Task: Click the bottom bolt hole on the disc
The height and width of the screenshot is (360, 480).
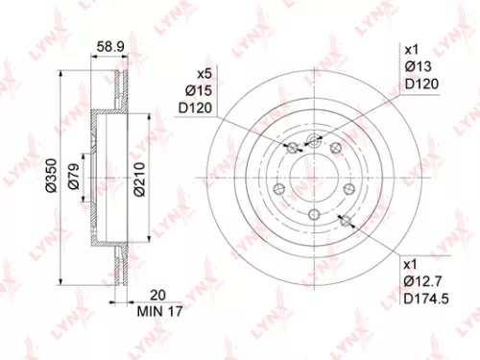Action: point(314,213)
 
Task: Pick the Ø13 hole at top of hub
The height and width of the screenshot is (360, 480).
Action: point(314,140)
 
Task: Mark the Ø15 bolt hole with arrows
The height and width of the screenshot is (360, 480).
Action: point(292,147)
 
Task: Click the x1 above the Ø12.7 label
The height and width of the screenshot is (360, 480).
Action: point(410,263)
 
